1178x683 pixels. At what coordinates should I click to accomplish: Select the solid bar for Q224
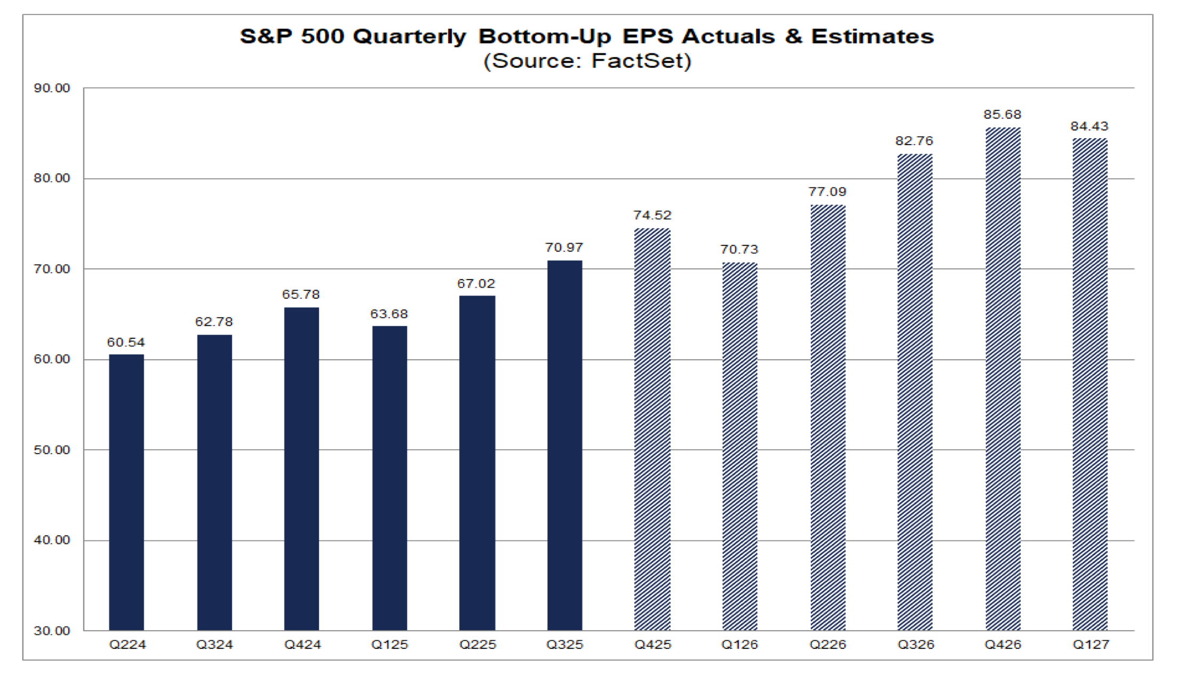(x=126, y=492)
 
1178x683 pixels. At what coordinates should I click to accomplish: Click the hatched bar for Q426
(x=1003, y=379)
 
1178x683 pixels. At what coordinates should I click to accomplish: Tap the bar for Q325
(x=564, y=446)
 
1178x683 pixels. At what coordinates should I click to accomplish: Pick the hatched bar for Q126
(x=739, y=446)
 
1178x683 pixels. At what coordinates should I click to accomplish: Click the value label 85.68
(x=1002, y=114)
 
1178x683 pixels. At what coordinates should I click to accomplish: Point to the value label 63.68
(x=389, y=314)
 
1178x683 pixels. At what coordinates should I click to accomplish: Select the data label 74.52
(x=652, y=215)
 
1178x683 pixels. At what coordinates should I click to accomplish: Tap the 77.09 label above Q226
(x=827, y=192)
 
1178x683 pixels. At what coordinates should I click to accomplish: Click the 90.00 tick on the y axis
(x=52, y=88)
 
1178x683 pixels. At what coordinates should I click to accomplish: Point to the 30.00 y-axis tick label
(x=52, y=631)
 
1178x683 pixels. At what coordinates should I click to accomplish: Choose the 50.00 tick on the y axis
(x=52, y=450)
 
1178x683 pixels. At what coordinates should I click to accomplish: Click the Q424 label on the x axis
(x=303, y=645)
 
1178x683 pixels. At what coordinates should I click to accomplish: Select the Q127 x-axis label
(x=1091, y=645)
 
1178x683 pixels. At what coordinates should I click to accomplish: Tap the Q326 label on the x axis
(x=916, y=645)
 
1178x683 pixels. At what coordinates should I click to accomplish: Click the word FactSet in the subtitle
(x=638, y=60)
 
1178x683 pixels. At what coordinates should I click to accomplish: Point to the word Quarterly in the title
(x=409, y=37)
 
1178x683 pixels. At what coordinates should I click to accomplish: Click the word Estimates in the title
(x=872, y=36)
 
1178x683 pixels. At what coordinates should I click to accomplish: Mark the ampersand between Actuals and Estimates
(x=793, y=36)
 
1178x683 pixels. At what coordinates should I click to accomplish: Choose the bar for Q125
(x=389, y=478)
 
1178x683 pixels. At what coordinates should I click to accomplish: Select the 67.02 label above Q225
(x=476, y=283)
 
